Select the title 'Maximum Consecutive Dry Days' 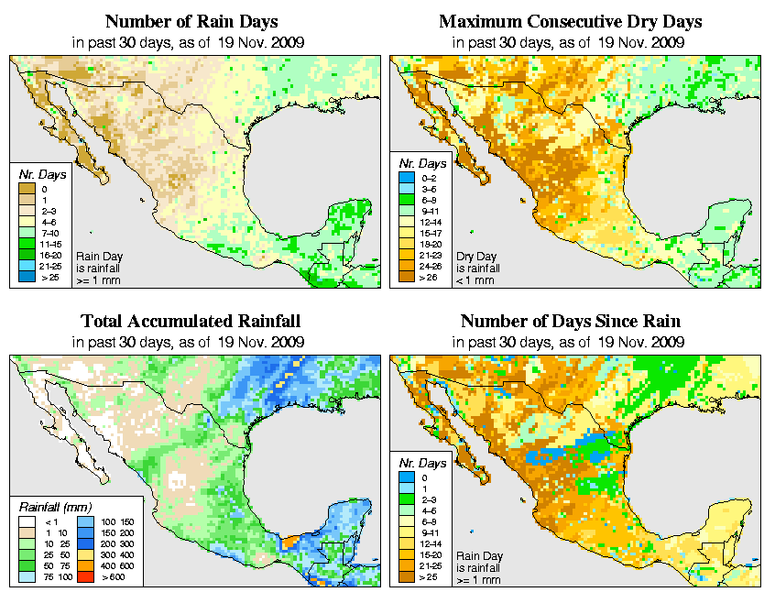571,21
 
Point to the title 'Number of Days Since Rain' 571,322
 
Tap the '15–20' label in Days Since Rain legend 427,554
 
